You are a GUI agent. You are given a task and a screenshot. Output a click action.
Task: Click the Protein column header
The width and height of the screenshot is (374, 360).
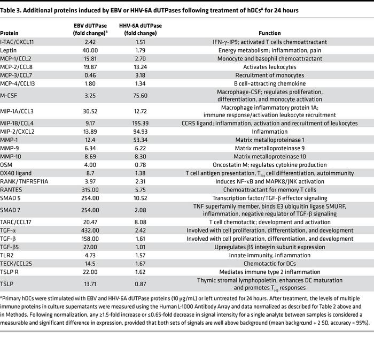point(10,33)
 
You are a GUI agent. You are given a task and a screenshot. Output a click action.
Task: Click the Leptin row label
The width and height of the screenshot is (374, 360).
point(9,50)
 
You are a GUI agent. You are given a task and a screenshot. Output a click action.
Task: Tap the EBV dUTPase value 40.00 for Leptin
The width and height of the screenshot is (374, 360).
point(88,50)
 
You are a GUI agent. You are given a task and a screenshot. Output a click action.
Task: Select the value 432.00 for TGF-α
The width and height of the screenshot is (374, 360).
point(88,230)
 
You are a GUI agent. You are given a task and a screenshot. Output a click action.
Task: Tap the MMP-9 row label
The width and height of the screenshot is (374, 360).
point(11,148)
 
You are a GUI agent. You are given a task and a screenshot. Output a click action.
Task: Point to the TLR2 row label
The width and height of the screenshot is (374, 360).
point(8,256)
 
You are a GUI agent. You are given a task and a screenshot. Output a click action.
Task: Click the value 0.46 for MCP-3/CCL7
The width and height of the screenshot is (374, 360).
point(88,75)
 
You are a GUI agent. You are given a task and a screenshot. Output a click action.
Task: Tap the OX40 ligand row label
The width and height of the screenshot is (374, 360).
point(16,173)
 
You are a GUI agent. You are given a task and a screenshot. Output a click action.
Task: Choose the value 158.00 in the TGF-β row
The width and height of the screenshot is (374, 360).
point(88,239)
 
